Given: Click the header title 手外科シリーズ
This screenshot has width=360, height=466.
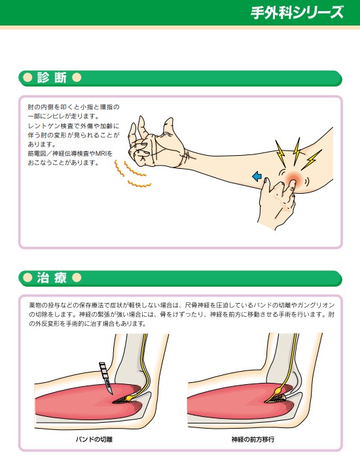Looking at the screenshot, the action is (297, 12).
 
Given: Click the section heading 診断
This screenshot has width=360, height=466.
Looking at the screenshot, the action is (52, 78).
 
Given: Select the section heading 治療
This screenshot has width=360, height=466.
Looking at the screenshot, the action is (52, 278).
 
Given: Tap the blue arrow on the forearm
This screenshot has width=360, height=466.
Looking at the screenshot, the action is (257, 177).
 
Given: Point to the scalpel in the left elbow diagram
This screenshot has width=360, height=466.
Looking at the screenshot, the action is (107, 378).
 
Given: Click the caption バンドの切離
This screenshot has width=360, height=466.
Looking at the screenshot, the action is (94, 439).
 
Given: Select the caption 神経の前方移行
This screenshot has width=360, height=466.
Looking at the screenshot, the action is (253, 439).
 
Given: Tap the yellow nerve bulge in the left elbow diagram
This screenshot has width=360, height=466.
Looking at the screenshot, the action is (130, 397).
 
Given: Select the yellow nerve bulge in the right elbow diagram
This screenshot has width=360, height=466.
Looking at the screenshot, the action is (279, 389).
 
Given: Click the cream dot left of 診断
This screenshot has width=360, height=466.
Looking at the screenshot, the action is (27, 78).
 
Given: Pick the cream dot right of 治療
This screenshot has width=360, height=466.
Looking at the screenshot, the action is (77, 278).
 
